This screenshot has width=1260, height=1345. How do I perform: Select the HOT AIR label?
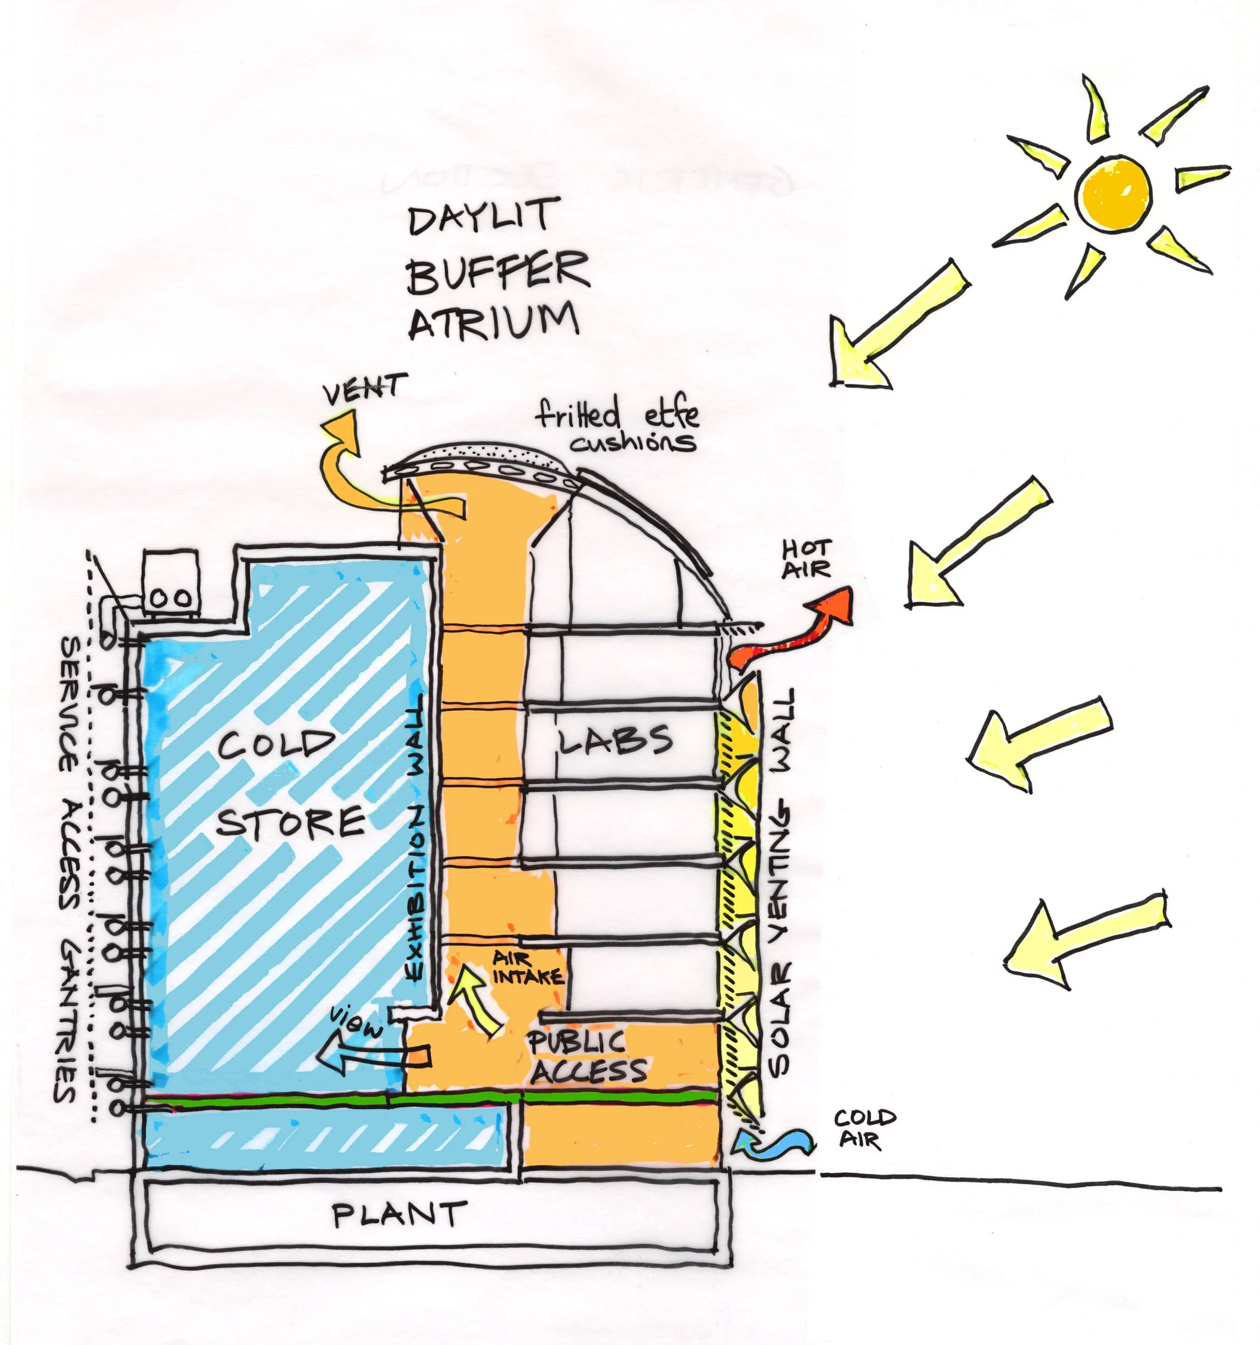[806, 559]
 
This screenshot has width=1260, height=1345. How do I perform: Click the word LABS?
[614, 740]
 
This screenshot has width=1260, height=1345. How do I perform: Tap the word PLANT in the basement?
[399, 1214]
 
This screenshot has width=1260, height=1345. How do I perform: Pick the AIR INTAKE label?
[527, 968]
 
